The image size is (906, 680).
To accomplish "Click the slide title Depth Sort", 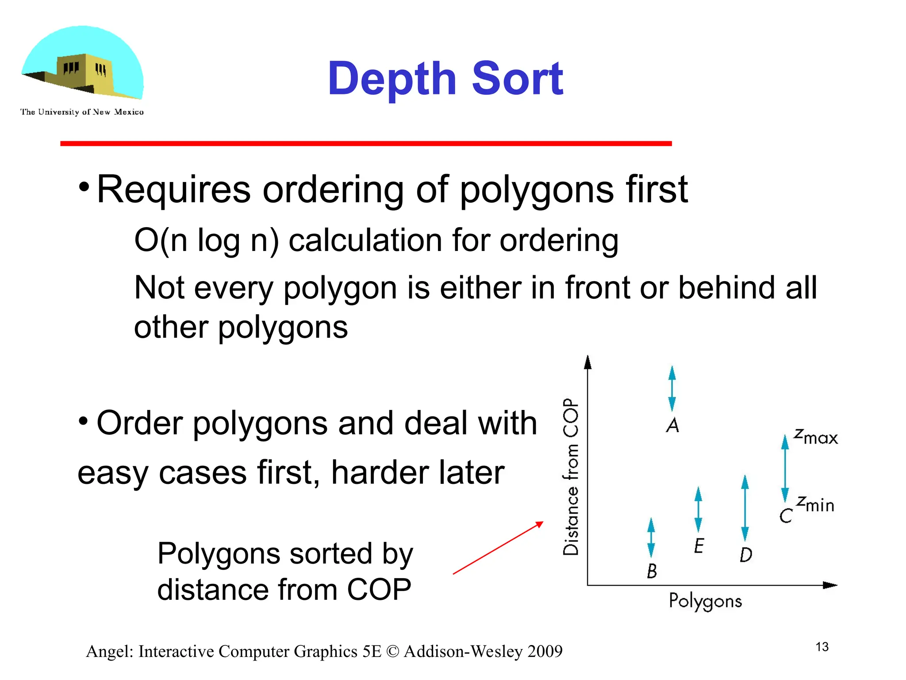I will coord(445,79).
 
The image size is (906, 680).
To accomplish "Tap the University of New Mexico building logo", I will coord(83,64).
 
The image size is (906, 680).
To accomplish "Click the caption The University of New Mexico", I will coord(82,112).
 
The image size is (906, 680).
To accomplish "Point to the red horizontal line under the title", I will coord(366,143).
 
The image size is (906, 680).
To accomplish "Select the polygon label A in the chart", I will coord(672,425).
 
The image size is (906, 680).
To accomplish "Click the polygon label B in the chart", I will coord(652,571).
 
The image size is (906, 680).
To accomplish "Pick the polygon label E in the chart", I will coord(699,546).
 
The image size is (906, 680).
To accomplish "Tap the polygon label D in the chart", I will coord(746,555).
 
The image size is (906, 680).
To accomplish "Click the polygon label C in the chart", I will coord(786,516).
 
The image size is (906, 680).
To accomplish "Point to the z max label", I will coord(816,437).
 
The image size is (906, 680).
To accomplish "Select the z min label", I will coord(815,504).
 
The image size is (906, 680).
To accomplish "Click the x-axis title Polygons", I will coord(705,602).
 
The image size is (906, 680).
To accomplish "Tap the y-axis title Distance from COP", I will coord(571,477).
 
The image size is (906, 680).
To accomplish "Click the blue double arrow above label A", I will coord(672,388).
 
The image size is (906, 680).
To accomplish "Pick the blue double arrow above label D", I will coord(745,508).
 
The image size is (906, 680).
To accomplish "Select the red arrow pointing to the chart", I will coord(498,548).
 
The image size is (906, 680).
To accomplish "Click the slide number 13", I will coord(822,647).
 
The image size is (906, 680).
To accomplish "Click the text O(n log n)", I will coord(207,240).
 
